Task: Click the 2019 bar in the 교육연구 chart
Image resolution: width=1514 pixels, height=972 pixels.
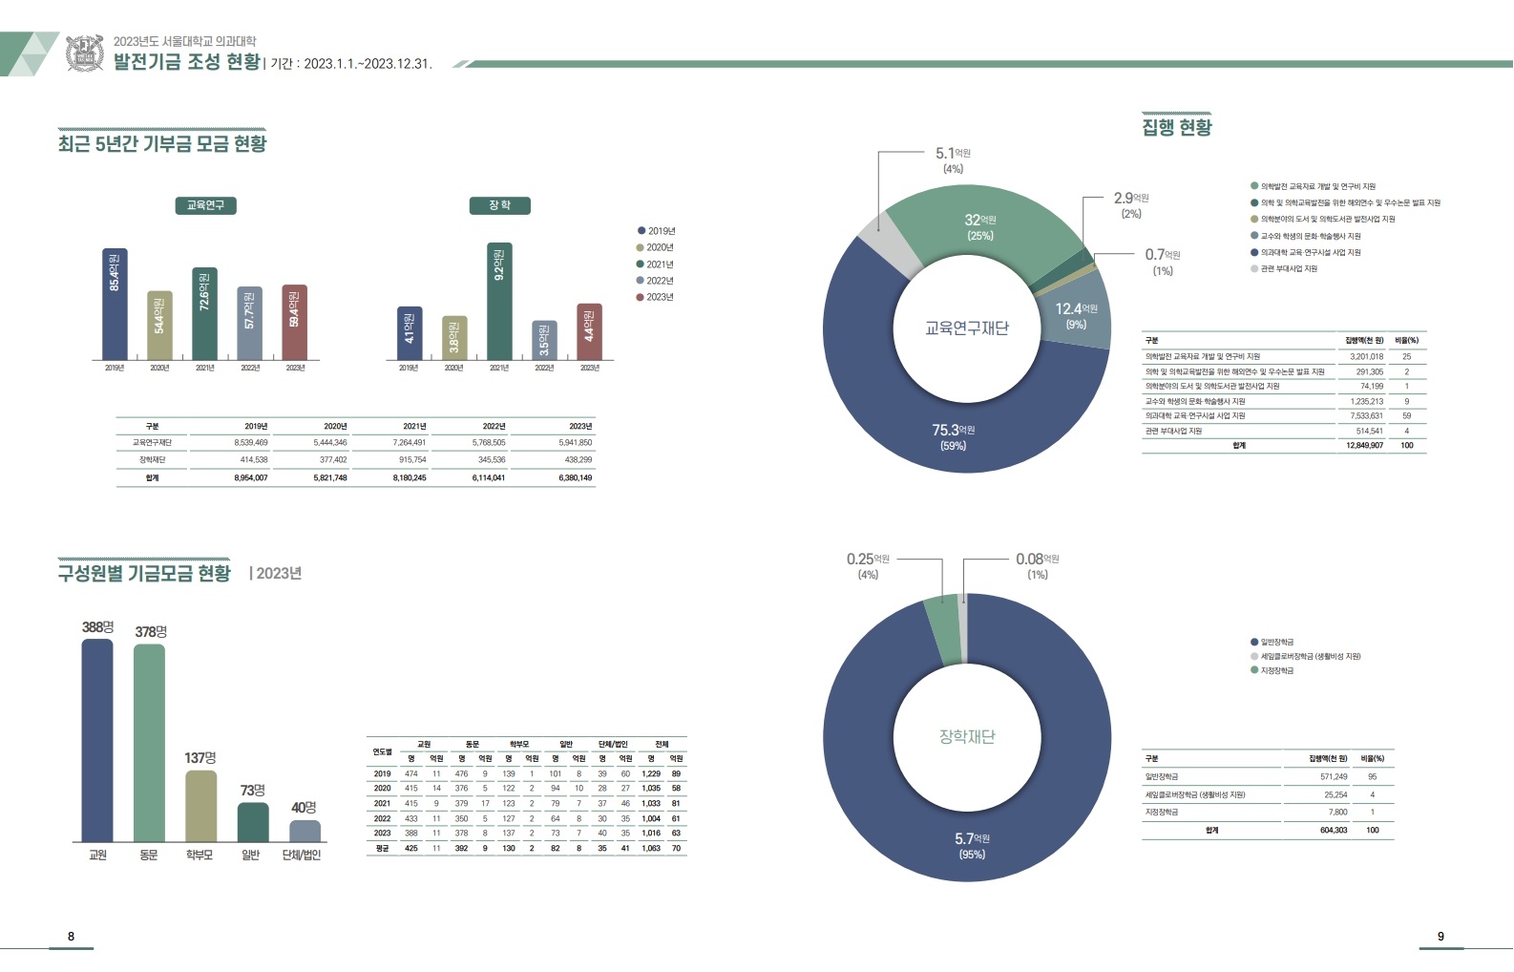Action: coord(115,304)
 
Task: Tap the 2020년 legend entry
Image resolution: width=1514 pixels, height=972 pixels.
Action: coord(656,247)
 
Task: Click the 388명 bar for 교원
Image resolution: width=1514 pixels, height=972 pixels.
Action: coord(97,740)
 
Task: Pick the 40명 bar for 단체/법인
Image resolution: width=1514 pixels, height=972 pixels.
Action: coord(305,831)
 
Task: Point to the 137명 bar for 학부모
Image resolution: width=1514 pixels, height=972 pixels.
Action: coord(200,806)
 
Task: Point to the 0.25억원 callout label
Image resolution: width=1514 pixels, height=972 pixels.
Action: coord(868,565)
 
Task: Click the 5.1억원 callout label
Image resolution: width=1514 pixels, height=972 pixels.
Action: coord(953,159)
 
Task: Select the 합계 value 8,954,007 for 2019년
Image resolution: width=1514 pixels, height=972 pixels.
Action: coord(250,477)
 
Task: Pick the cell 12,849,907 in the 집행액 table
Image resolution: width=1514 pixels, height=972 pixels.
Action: coord(1364,445)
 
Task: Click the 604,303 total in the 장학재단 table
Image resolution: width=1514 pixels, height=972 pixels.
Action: coord(1334,830)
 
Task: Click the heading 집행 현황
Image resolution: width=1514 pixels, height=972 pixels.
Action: coord(1177,127)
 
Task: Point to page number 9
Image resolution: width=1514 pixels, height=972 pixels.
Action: coord(1440,936)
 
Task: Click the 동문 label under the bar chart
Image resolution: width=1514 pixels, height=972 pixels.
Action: coord(149,855)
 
